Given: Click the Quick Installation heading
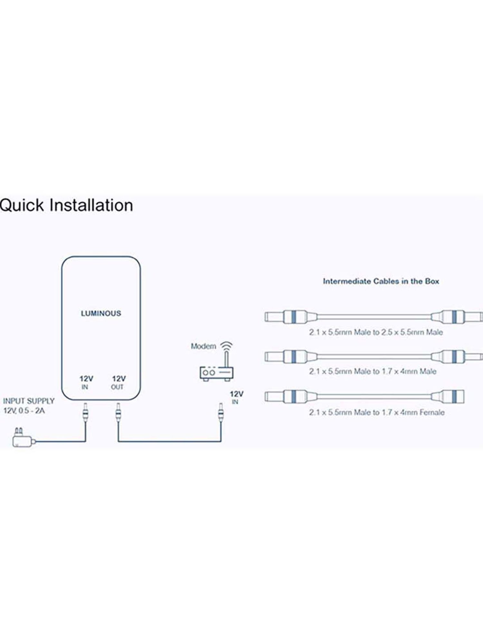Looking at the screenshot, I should tap(66, 205).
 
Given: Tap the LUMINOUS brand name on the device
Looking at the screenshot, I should tap(101, 313).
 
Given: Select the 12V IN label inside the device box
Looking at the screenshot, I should tap(86, 382).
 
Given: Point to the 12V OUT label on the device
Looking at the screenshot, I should tap(118, 382).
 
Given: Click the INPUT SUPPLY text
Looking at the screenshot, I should tap(29, 401).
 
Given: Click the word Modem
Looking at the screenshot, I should tap(204, 346).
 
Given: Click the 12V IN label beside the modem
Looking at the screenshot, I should tap(236, 397).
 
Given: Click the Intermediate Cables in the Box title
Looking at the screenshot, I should tap(381, 281).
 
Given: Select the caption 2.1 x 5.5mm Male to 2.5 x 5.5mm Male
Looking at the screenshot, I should tap(376, 332).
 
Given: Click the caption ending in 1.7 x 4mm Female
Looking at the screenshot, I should tap(377, 412).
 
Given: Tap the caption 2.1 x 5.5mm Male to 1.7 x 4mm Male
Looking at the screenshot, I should tap(373, 372).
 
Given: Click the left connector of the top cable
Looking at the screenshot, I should tap(290, 317).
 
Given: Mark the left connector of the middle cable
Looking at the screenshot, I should tap(290, 356).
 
